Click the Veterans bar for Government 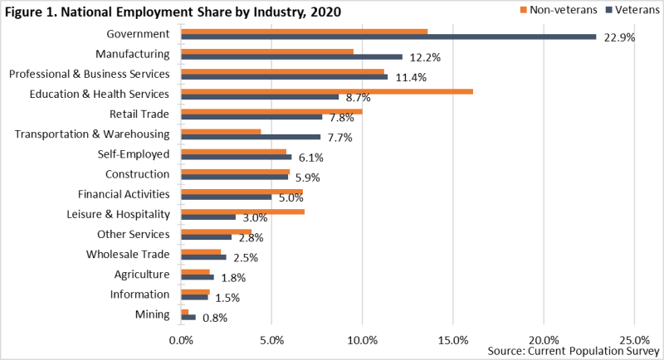(x=388, y=36)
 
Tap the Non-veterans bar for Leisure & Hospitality (x=242, y=211)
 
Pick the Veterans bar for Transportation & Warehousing (x=251, y=137)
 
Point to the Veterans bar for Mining (x=188, y=317)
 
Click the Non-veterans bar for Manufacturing (x=267, y=51)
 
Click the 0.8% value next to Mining (x=215, y=318)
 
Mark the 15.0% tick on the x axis (x=453, y=340)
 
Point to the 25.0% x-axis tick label (x=634, y=340)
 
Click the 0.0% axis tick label (x=181, y=340)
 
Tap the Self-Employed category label (x=134, y=153)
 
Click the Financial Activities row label (x=124, y=194)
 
